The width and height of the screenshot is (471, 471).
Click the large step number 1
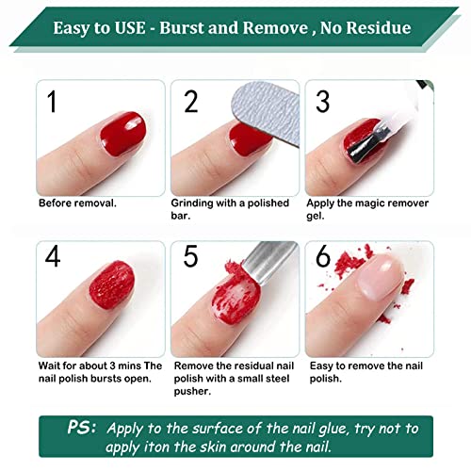[51, 102]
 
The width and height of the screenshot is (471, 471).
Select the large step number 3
[322, 101]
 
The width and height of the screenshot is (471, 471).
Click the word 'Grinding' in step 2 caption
[193, 203]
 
